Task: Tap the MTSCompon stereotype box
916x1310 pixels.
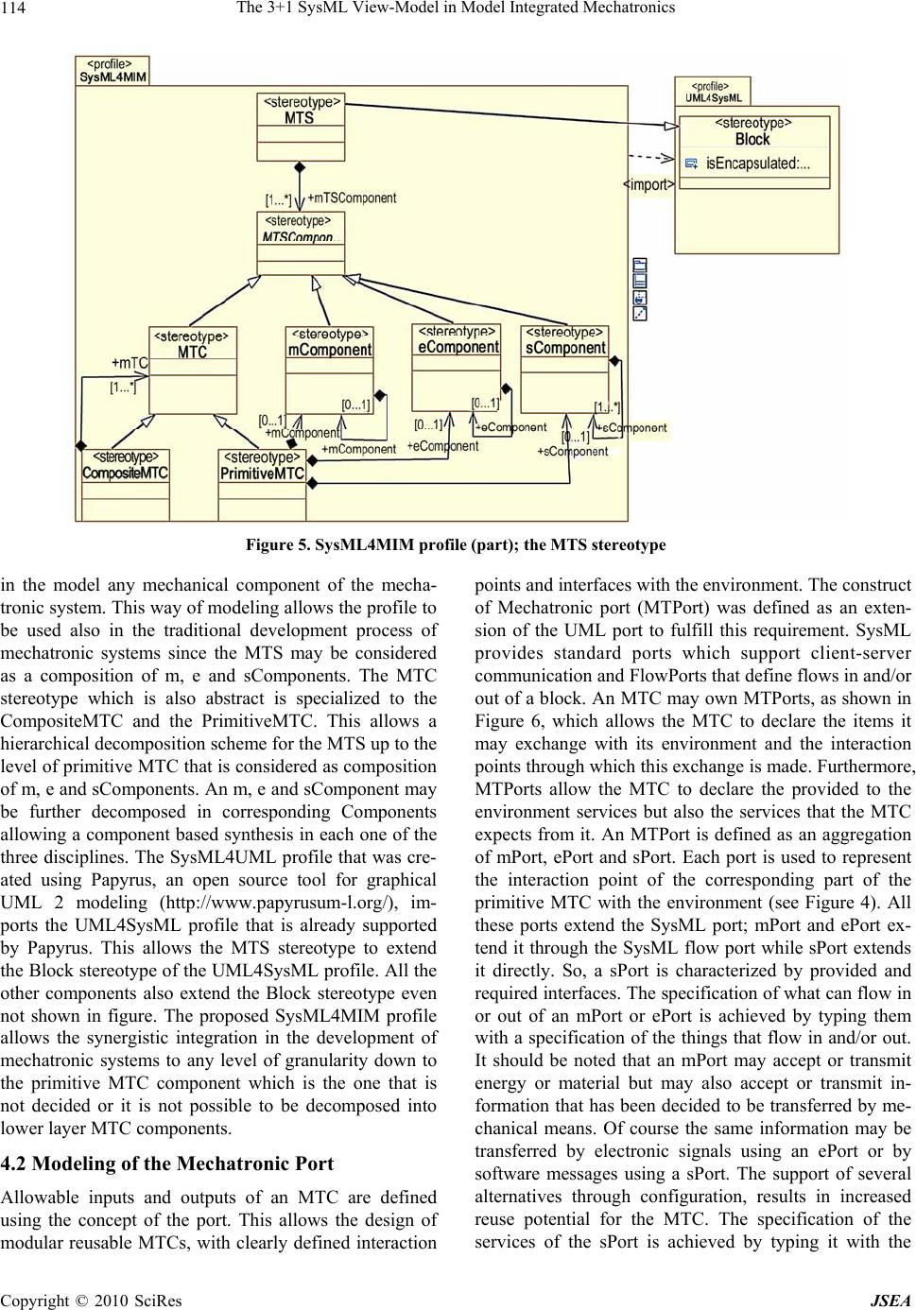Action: pos(301,243)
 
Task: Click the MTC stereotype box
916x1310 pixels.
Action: pos(193,370)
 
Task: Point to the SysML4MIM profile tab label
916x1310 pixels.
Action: pos(112,71)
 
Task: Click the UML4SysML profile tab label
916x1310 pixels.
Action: pos(713,91)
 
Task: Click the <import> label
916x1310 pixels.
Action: pos(648,185)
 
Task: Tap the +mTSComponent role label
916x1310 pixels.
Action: pos(352,198)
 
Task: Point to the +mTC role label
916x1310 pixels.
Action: pos(130,363)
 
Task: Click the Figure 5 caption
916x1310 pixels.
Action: pos(456,545)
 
